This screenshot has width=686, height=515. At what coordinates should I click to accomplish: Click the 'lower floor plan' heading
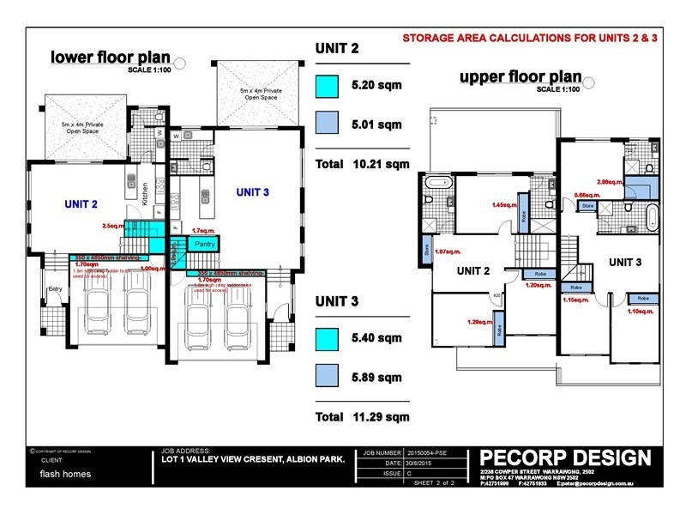coord(109,58)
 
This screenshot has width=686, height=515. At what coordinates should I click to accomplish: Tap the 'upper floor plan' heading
coord(519,76)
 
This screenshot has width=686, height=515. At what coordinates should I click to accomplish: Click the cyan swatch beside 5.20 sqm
coord(327,87)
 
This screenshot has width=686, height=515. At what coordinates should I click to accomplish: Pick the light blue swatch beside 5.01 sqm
coord(327,124)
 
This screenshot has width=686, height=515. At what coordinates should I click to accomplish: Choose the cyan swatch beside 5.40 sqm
coord(327,339)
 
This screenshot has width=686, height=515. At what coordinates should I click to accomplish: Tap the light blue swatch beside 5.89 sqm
coord(327,376)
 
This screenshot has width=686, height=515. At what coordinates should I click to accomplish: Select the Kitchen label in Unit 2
coord(146,193)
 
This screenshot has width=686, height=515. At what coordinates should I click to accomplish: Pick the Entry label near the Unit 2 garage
coord(56,289)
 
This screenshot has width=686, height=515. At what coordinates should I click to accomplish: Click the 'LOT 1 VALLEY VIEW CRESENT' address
coord(253,460)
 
